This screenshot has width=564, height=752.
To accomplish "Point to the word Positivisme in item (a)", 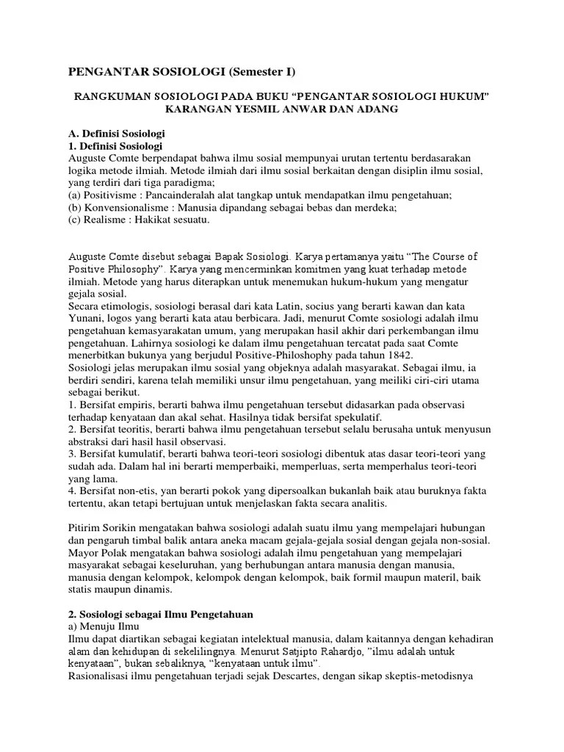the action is pos(113,195).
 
